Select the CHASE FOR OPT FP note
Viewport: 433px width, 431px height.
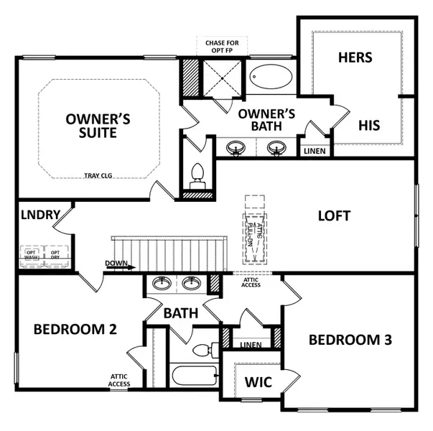point(223,47)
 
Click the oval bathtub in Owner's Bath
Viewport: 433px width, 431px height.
point(271,78)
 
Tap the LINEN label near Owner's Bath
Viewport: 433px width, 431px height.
point(315,151)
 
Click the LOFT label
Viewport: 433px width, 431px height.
point(334,215)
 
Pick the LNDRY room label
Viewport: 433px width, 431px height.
point(39,215)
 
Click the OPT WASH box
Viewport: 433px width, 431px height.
point(32,255)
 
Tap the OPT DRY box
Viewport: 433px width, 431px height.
point(55,255)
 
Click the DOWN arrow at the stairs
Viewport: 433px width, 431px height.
point(119,264)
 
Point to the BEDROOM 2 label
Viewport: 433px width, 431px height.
point(75,329)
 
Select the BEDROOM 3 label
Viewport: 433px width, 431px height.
point(355,339)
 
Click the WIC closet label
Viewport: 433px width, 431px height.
point(257,381)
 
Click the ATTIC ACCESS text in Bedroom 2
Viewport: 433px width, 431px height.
point(119,380)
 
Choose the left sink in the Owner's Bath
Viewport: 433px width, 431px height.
point(235,148)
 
